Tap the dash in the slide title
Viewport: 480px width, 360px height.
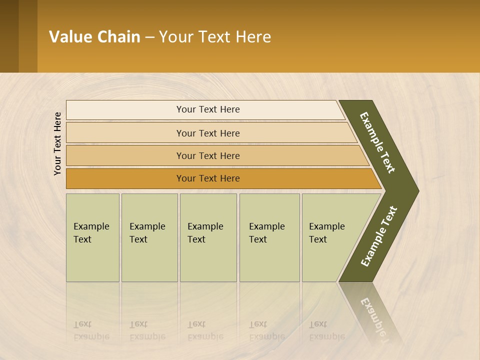pyautogui.click(x=149, y=37)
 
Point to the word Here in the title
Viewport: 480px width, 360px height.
pyautogui.click(x=253, y=37)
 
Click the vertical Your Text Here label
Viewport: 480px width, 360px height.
pyautogui.click(x=57, y=143)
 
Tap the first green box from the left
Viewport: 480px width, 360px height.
pyautogui.click(x=92, y=237)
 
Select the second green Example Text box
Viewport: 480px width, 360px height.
pyautogui.click(x=149, y=237)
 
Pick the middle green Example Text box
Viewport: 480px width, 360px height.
pyautogui.click(x=208, y=237)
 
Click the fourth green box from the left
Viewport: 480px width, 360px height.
pyautogui.click(x=269, y=237)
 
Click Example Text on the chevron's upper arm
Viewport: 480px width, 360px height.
pyautogui.click(x=377, y=142)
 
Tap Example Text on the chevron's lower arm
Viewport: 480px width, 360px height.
pyautogui.click(x=379, y=236)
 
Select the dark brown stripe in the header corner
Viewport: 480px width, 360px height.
pyautogui.click(x=9, y=36)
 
